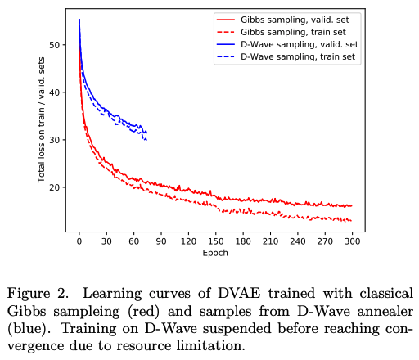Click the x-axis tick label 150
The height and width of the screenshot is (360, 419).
(217, 243)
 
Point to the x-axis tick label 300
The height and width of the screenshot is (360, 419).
(352, 243)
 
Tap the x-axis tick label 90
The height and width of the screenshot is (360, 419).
(162, 243)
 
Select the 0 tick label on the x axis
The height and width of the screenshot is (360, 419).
(79, 243)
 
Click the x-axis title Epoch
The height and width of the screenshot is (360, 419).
(216, 254)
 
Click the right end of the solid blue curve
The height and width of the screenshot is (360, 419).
(146, 132)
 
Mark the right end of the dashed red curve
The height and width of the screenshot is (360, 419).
(352, 221)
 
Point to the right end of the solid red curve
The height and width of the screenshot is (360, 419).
(352, 206)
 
